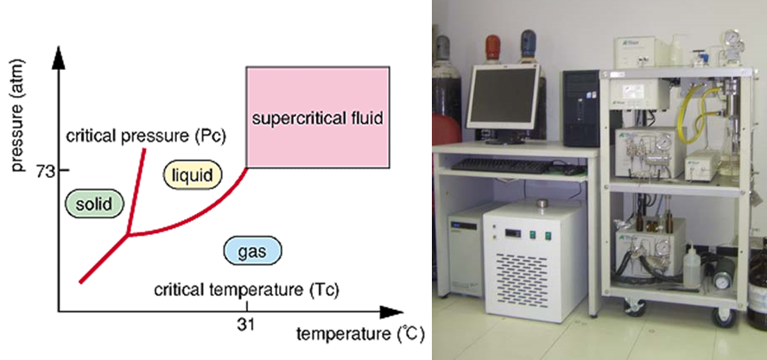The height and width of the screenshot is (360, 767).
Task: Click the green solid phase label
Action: click(94, 204)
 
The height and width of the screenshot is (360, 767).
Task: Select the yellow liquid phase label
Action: click(193, 175)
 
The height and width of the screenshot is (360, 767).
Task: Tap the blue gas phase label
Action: click(252, 251)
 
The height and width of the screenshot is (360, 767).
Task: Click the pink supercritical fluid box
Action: click(318, 117)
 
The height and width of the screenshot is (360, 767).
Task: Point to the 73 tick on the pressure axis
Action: click(64, 170)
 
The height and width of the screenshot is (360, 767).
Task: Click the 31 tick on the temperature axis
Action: click(246, 306)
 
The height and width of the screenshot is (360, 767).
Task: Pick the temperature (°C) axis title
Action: click(359, 335)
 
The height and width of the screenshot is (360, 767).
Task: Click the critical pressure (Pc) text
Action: click(146, 136)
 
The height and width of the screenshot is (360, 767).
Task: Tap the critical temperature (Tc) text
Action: click(246, 289)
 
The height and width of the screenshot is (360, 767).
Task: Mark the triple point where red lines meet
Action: click(129, 235)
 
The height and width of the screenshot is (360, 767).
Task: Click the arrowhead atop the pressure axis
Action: click(59, 58)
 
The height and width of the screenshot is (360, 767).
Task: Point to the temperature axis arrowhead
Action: click(391, 312)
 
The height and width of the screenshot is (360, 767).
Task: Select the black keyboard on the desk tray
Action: click(500, 166)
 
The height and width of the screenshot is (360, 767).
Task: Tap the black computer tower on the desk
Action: click(580, 108)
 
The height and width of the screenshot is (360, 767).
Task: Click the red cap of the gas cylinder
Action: click(493, 47)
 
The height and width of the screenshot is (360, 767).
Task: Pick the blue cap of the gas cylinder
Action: click(529, 42)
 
